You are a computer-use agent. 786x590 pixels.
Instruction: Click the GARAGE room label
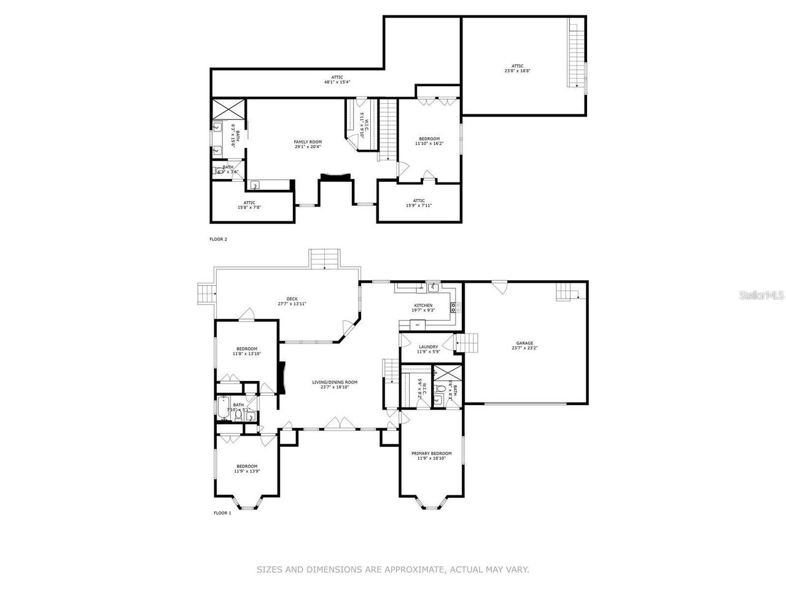(x=524, y=344)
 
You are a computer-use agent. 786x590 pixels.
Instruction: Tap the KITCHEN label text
(x=423, y=305)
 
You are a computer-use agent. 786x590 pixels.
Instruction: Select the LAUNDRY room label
(x=428, y=347)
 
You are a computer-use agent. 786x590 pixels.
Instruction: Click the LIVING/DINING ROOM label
(x=338, y=382)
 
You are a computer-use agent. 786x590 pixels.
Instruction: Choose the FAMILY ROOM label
(x=308, y=142)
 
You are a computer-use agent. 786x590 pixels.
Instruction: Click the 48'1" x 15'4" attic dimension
(x=337, y=82)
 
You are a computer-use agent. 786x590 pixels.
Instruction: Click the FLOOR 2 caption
(x=218, y=239)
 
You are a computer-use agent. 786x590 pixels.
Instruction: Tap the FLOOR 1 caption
(x=222, y=513)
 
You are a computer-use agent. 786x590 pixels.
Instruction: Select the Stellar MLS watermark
(x=761, y=296)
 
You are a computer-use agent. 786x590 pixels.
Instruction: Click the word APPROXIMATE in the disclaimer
(x=413, y=570)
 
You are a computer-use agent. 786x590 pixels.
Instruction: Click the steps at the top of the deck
(x=324, y=259)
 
